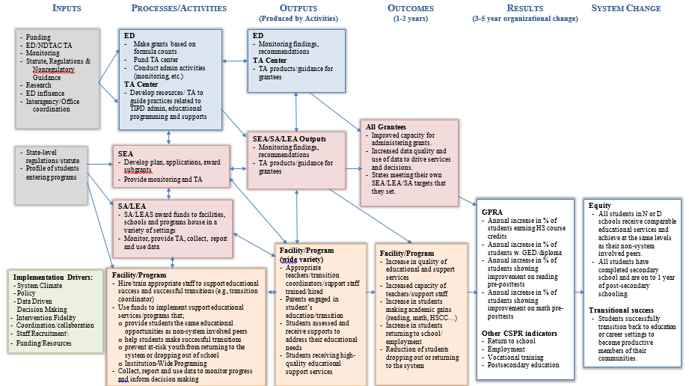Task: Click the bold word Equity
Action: tap(599, 205)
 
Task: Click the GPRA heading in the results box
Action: tap(492, 212)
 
